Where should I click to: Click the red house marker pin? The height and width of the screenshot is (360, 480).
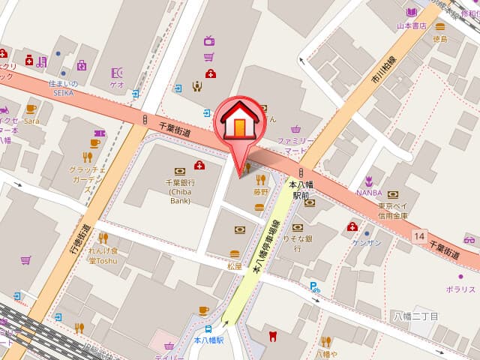click(x=239, y=124)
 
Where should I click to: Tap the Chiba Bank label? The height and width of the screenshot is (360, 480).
click(x=179, y=191)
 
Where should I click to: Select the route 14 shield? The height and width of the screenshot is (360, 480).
click(x=418, y=236)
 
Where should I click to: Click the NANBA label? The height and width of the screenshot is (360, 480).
click(x=368, y=192)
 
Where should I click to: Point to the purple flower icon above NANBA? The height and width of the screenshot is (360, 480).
click(x=368, y=180)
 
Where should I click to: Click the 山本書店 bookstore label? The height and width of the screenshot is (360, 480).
click(x=411, y=25)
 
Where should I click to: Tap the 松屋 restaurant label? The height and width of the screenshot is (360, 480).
click(x=234, y=265)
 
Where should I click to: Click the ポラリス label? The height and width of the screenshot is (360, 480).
click(x=460, y=289)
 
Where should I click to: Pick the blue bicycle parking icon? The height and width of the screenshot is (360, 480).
click(x=315, y=286)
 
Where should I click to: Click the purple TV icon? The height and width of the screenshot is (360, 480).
click(x=209, y=40)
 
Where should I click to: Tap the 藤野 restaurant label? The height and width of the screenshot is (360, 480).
click(x=260, y=192)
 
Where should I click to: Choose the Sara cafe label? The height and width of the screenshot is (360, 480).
click(x=31, y=120)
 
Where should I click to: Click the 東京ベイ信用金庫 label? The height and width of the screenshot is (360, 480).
click(x=393, y=211)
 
